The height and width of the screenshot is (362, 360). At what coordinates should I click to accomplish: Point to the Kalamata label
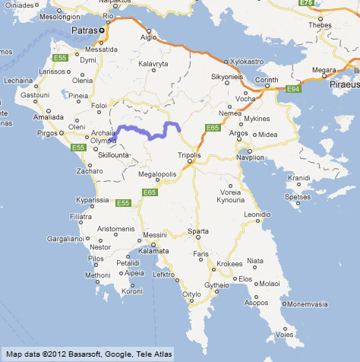pos(152,250)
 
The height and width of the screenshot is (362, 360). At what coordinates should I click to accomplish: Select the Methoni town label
pos(97,275)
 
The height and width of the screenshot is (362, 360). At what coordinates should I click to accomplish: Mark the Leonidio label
pos(256,215)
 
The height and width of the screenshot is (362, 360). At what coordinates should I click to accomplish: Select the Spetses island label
pos(298,195)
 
